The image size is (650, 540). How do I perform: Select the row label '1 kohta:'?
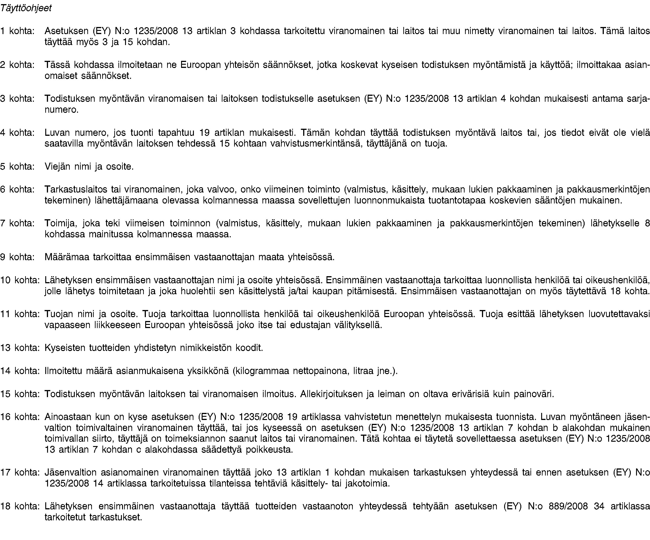click(x=17, y=31)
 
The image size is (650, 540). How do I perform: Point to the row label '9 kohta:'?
click(x=17, y=257)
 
